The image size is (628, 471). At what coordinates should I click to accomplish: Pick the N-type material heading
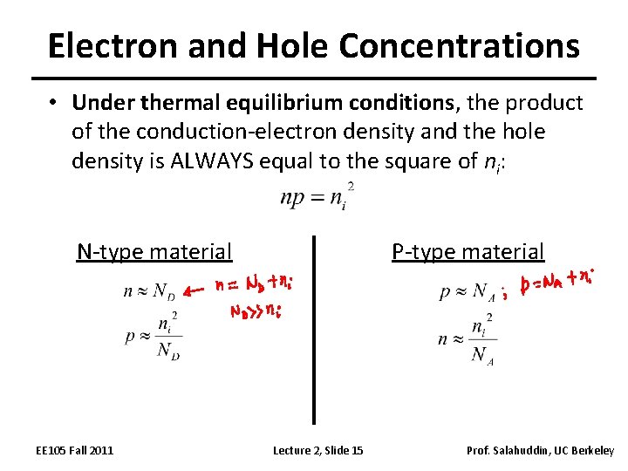pos(154,252)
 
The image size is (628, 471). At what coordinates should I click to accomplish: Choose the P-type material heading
pos(468,252)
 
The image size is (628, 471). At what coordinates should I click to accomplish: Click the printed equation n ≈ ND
pos(149,292)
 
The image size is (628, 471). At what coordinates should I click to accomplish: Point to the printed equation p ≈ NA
pos(467,293)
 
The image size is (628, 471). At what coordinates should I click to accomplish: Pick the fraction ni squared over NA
pos(483,339)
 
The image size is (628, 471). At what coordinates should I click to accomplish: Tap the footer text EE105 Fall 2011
pos(74,450)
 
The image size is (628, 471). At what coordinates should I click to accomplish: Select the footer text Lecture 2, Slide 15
pos(318,450)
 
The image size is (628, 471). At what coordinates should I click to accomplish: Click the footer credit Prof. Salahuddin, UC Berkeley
pos(540,450)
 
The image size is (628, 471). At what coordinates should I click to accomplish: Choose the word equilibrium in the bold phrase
pos(294,103)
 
